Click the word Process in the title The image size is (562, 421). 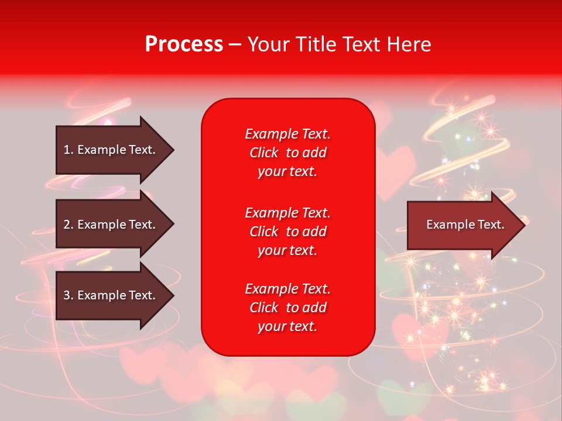pyautogui.click(x=184, y=44)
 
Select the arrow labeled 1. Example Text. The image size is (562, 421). pyautogui.click(x=111, y=150)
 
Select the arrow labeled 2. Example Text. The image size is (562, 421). pyautogui.click(x=111, y=225)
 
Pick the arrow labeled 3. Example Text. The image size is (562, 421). pyautogui.click(x=111, y=295)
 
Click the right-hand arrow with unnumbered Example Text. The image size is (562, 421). pyautogui.click(x=462, y=225)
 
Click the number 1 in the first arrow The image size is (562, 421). pyautogui.click(x=67, y=150)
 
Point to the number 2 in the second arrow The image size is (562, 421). pyautogui.click(x=67, y=225)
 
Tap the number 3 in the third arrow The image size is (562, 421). pyautogui.click(x=67, y=295)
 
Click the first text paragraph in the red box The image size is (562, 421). pyautogui.click(x=287, y=153)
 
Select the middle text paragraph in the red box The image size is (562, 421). pyautogui.click(x=287, y=231)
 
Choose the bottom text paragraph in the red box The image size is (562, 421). pyautogui.click(x=287, y=308)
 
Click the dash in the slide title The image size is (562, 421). pyautogui.click(x=235, y=44)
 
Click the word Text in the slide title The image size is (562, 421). pyautogui.click(x=359, y=44)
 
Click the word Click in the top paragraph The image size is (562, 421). pyautogui.click(x=264, y=153)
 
